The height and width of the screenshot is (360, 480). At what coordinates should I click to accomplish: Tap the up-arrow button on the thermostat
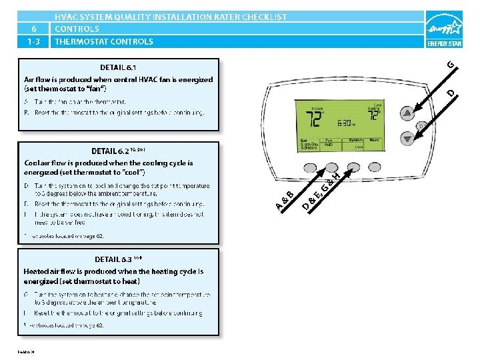tap(407, 111)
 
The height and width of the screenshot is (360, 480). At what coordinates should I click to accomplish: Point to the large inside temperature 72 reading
tap(313, 121)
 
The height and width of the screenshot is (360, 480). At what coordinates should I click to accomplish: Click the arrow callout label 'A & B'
tap(283, 200)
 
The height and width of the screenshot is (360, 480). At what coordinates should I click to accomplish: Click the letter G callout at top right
tap(451, 64)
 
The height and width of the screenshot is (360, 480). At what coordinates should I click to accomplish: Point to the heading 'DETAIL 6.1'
tap(119, 67)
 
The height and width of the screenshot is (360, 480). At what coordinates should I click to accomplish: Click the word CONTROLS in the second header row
tap(77, 29)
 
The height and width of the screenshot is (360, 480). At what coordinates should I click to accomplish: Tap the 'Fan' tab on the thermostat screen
tap(329, 141)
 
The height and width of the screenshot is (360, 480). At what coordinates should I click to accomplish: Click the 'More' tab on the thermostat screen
tap(375, 141)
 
